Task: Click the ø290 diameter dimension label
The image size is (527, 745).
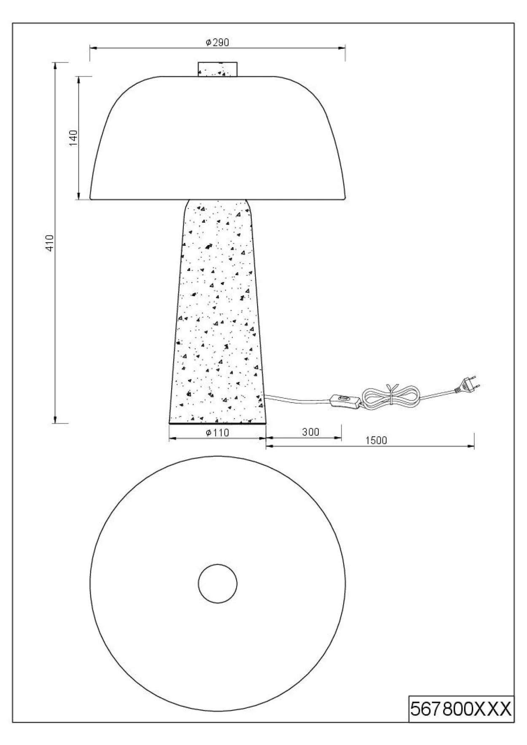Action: click(x=217, y=43)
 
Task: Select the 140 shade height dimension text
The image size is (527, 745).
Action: click(x=74, y=138)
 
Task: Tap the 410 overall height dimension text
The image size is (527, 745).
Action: click(x=50, y=243)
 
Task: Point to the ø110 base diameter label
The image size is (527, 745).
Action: click(x=217, y=433)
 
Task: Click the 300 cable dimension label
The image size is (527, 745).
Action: click(x=311, y=432)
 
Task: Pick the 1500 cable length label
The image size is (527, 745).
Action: click(x=376, y=441)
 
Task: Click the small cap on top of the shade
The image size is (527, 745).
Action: click(x=218, y=69)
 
